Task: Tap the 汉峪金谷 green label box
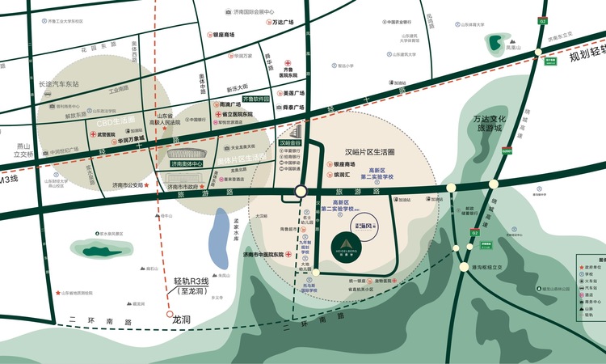[x=294, y=142]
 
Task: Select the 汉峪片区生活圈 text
[x=369, y=152]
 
